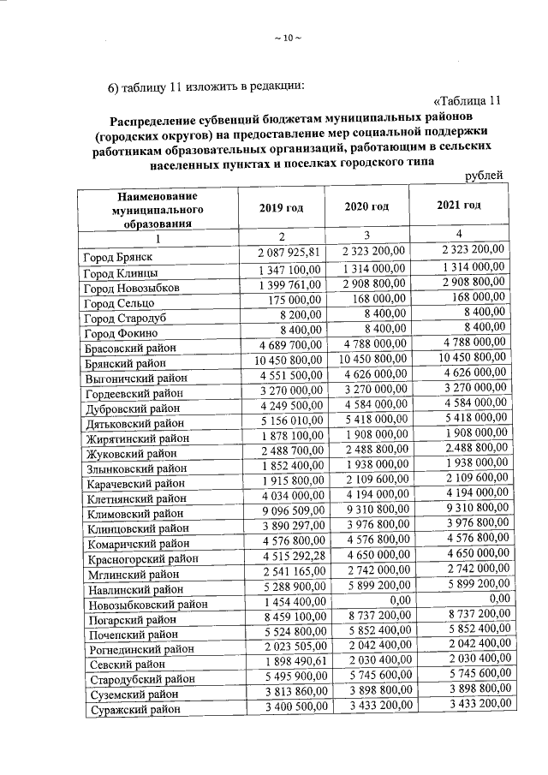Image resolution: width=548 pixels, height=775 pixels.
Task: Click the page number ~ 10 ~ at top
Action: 287,37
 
